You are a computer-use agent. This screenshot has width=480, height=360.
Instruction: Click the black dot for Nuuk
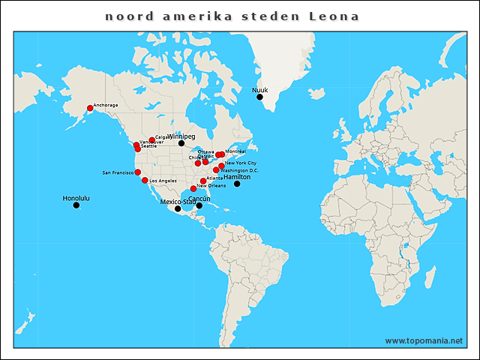259,97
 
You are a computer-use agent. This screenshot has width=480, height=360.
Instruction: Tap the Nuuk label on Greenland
259,89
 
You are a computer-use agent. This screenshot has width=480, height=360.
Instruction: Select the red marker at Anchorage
90,108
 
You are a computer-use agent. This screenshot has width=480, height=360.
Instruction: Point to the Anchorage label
106,105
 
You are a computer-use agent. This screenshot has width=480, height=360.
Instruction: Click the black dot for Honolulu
76,205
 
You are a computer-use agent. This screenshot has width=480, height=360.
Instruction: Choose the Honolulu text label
76,198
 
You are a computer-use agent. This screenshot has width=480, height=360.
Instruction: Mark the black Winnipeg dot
181,143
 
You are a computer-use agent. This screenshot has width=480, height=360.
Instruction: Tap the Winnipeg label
181,136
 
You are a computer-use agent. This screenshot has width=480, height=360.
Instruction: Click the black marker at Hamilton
237,184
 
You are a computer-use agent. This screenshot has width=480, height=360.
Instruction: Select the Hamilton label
237,177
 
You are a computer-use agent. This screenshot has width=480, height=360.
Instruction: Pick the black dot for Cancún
199,205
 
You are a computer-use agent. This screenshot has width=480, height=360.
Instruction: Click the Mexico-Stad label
178,202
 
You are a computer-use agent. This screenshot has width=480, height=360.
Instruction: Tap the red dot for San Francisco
137,172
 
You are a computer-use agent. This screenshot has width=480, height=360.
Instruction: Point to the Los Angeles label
163,181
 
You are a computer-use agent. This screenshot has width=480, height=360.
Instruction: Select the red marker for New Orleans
193,188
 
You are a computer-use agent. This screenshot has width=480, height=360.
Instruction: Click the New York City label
241,163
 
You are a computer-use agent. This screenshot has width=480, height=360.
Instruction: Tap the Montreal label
235,151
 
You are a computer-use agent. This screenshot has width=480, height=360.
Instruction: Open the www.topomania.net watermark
424,340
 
